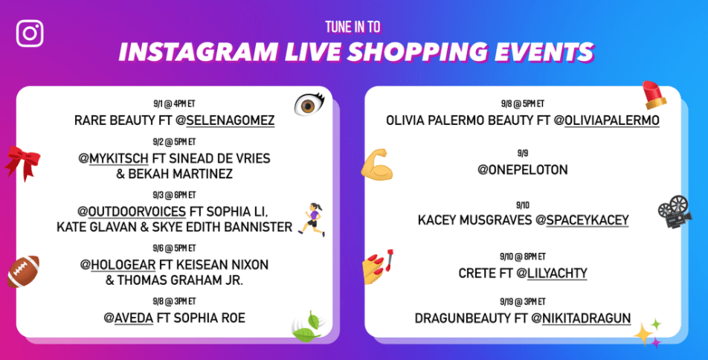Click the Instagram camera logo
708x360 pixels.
coord(30,33)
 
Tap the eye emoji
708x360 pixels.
coord(309,104)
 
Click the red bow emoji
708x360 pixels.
coord(22,162)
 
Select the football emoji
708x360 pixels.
coord(24,271)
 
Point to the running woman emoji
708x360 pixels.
coord(312,220)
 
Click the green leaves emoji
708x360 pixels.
coord(307,327)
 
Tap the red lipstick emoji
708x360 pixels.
coord(654,95)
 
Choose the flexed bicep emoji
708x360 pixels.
coord(376,165)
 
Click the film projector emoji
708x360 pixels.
coord(675,211)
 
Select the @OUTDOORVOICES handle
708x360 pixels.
coord(132,211)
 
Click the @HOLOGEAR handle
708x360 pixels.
coord(118,265)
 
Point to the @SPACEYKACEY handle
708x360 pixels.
coord(582,220)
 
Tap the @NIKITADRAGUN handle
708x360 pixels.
coord(581,318)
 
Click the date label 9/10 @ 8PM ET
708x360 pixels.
coord(523,257)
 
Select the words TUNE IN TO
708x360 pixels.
coord(353,28)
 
